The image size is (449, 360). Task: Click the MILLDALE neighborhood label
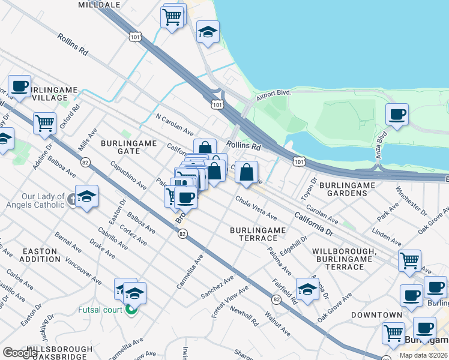pos(100,4)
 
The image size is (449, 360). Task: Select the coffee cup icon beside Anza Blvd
pos(397,115)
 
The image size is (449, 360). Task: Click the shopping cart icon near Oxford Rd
pos(45,124)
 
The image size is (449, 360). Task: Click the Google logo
pos(20,352)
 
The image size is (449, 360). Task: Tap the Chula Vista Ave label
pos(256,208)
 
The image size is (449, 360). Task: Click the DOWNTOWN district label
pos(376,315)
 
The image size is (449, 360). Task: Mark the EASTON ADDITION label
pos(40,255)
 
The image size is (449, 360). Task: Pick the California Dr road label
pos(313,222)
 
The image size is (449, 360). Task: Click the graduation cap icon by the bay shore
pos(208,32)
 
